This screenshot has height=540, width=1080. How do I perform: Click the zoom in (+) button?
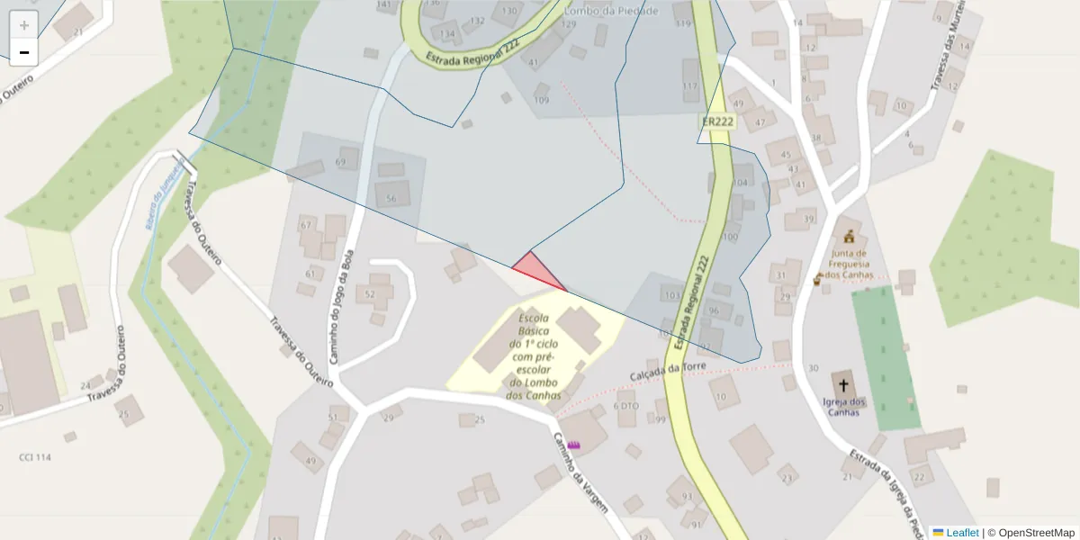(24, 25)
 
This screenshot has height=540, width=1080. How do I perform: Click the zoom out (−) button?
(24, 52)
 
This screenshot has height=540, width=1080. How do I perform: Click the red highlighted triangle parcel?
(536, 269)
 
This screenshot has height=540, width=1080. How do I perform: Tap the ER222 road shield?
(717, 121)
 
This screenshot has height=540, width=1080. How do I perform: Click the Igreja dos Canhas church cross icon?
(843, 383)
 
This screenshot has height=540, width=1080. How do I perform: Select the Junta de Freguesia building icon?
(848, 237)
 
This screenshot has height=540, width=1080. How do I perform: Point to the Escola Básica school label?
(535, 356)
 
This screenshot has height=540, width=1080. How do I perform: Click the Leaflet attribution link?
(962, 533)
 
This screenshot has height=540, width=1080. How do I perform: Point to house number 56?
(391, 198)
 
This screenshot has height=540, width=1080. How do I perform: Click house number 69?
(340, 162)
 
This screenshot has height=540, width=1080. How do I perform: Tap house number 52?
(369, 294)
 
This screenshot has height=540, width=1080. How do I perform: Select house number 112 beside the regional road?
(690, 86)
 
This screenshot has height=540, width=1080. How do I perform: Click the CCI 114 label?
(35, 457)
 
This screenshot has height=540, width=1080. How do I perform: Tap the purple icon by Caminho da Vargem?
(574, 444)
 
